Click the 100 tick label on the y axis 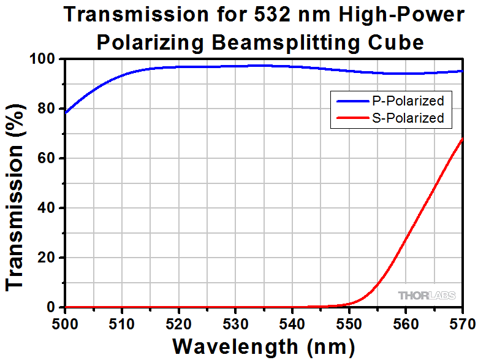[x=43, y=59]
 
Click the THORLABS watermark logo [x=427, y=296]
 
